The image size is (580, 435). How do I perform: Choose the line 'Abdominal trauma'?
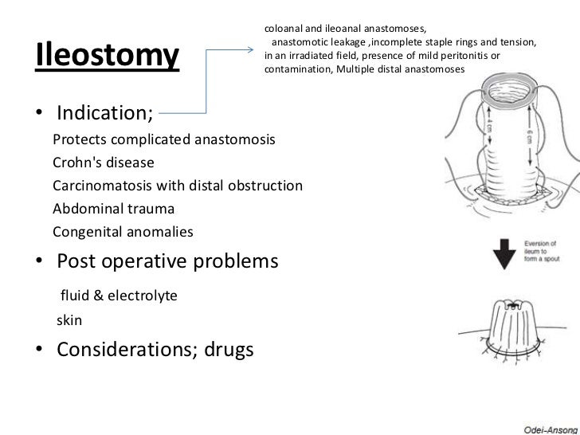pos(112,210)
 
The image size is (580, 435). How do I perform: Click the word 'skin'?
pos(69,320)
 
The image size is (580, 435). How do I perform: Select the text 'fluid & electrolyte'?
pos(119,296)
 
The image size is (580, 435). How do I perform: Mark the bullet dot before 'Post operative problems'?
pos(39,261)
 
